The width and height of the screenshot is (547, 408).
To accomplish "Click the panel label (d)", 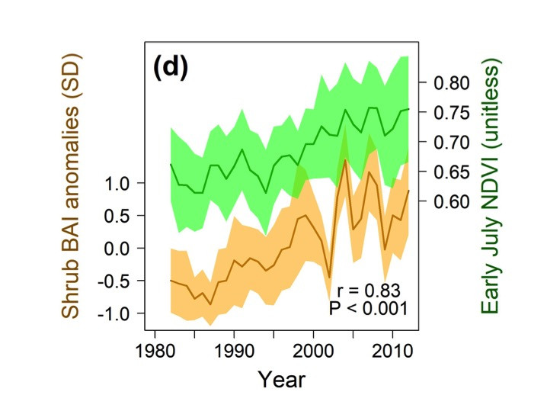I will pos(171,68).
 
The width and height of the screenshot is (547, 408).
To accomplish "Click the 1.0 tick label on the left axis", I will pos(120,183).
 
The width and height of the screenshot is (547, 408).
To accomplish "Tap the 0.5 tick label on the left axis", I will pos(120,216).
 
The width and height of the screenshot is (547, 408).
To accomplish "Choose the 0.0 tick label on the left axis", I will pos(120,249).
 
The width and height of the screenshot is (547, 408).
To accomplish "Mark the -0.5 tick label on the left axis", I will pos(117,281).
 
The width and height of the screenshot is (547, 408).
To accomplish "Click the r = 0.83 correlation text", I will pos(368,290).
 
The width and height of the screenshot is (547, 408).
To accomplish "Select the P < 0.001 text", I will pos(368,308).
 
